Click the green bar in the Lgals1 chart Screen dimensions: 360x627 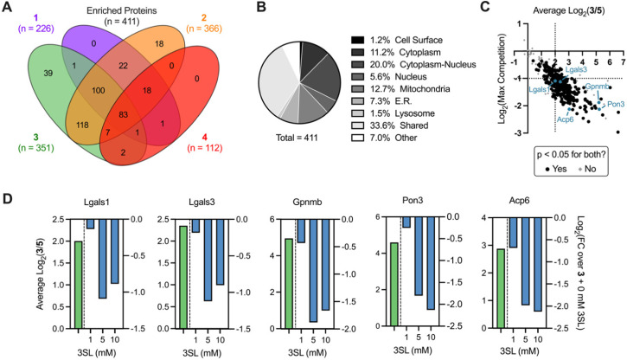click(x=79, y=279)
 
